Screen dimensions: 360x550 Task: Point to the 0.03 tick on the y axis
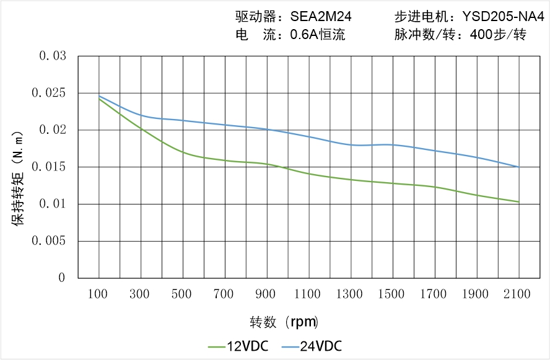click(x=53, y=56)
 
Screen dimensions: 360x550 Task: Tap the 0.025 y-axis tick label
click(x=50, y=94)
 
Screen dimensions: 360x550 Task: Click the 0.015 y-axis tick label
click(x=50, y=167)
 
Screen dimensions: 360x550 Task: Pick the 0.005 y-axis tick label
click(x=50, y=241)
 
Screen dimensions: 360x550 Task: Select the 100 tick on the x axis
click(x=99, y=294)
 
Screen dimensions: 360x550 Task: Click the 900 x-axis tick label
click(x=266, y=294)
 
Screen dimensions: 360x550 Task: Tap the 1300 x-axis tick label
click(x=351, y=294)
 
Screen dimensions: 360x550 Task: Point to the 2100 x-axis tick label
click(x=518, y=294)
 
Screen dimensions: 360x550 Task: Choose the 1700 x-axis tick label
click(x=434, y=294)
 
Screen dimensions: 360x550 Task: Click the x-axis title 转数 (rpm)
click(x=284, y=322)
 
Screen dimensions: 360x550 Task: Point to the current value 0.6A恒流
click(x=318, y=35)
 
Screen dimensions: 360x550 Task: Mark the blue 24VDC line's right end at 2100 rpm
click(x=518, y=167)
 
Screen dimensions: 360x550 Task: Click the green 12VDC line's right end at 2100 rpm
click(x=518, y=202)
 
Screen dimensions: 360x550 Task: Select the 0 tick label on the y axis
click(x=62, y=278)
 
